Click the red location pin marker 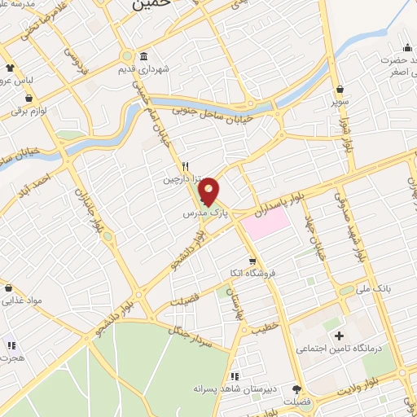(210, 192)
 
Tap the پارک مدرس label (200, 213)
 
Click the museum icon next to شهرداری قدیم (143, 56)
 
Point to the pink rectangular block (265, 224)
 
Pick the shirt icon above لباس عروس (10, 68)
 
